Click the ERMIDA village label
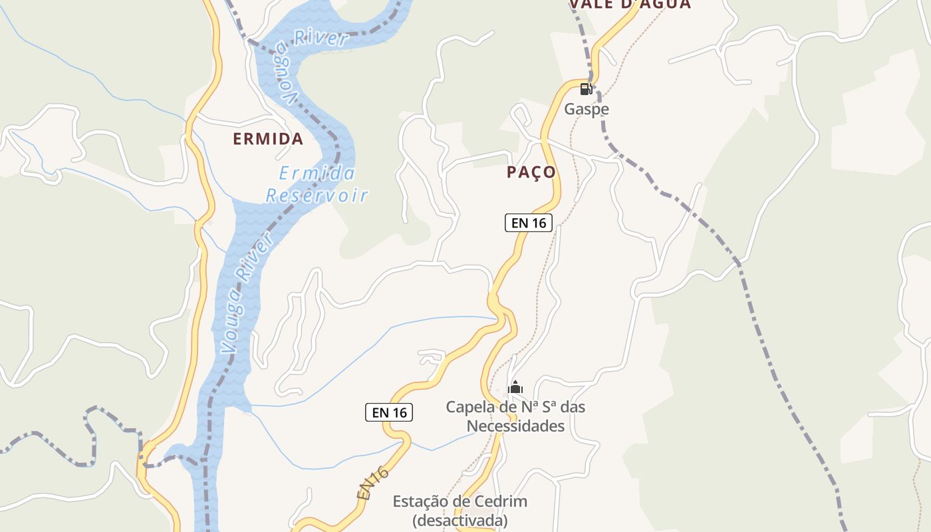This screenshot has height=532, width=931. click(268, 139)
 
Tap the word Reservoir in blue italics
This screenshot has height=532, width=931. click(317, 196)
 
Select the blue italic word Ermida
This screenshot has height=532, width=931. click(317, 174)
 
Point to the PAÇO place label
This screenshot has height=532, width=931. click(531, 172)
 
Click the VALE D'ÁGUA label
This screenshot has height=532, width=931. click(630, 4)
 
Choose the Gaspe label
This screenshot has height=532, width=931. click(587, 109)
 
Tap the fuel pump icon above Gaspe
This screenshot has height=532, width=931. click(586, 89)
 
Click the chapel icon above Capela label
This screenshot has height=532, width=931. click(515, 387)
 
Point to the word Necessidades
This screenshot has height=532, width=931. click(515, 426)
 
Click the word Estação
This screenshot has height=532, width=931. click(422, 501)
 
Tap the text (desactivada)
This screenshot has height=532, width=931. click(460, 520)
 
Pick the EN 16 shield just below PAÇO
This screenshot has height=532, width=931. click(529, 223)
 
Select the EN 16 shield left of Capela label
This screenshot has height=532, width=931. click(389, 412)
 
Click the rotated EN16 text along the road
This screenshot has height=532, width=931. click(372, 483)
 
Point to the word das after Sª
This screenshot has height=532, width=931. click(572, 407)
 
